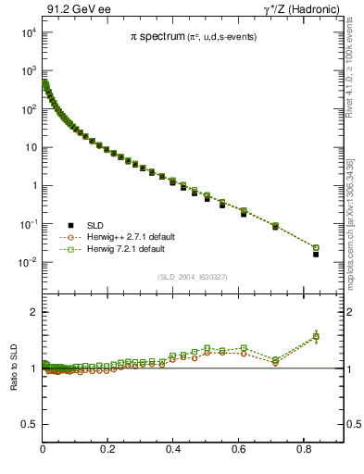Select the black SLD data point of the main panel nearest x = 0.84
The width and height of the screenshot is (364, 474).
coord(316,254)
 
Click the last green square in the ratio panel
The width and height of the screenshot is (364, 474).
coord(316,336)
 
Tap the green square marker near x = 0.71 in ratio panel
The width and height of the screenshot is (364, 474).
coord(275,360)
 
